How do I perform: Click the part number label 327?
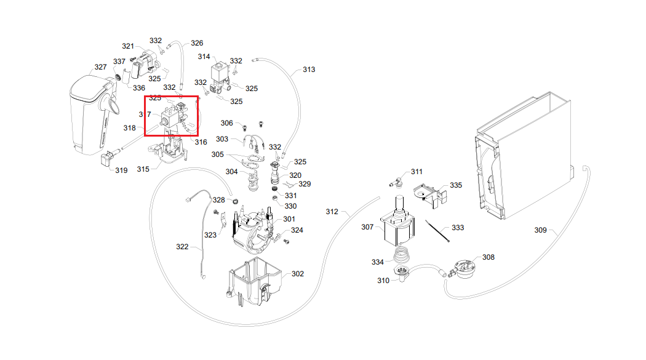(100, 67)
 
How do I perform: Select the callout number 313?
(308, 70)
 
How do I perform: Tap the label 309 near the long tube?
(540, 230)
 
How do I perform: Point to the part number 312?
(332, 212)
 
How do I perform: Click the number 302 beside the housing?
(297, 273)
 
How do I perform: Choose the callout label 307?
(367, 227)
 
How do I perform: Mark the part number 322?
(182, 247)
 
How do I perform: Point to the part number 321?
(128, 46)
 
